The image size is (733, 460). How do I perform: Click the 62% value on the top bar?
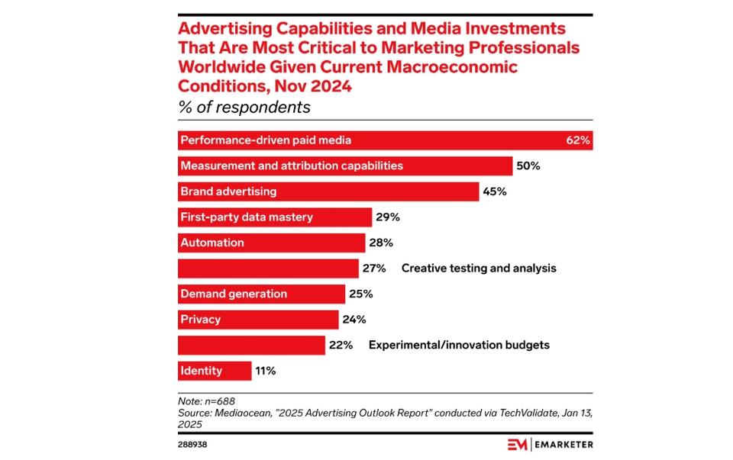pyautogui.click(x=578, y=140)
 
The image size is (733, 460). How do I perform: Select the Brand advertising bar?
pyautogui.click(x=328, y=191)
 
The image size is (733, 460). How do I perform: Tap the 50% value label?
pyautogui.click(x=528, y=166)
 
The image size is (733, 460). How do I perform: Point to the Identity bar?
pyautogui.click(x=214, y=371)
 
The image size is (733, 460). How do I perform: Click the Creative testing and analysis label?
pyautogui.click(x=479, y=269)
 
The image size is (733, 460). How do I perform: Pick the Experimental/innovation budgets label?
pyautogui.click(x=459, y=345)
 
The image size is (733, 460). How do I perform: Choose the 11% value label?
pyautogui.click(x=265, y=371)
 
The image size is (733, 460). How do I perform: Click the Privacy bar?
pyautogui.click(x=257, y=320)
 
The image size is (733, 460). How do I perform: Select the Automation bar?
pyautogui.click(x=270, y=243)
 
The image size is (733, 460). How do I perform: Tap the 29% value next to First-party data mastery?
pyautogui.click(x=387, y=217)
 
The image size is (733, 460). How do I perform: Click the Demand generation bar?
pyautogui.click(x=261, y=294)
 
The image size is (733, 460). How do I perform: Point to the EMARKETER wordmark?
pyautogui.click(x=563, y=444)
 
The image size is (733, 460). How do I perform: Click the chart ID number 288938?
pyautogui.click(x=192, y=443)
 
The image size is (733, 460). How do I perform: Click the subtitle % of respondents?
pyautogui.click(x=244, y=107)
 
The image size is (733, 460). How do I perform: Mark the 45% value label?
pyautogui.click(x=494, y=191)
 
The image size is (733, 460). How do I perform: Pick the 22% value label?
pyautogui.click(x=341, y=345)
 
